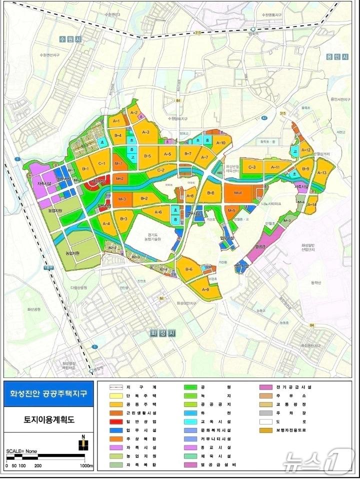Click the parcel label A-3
[x=146, y=132]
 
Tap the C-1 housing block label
[x=101, y=163]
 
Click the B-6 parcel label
[x=189, y=270]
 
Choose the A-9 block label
[x=205, y=290]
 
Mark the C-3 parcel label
[x=252, y=167]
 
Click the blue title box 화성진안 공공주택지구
[x=48, y=393]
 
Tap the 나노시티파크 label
[x=271, y=204]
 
